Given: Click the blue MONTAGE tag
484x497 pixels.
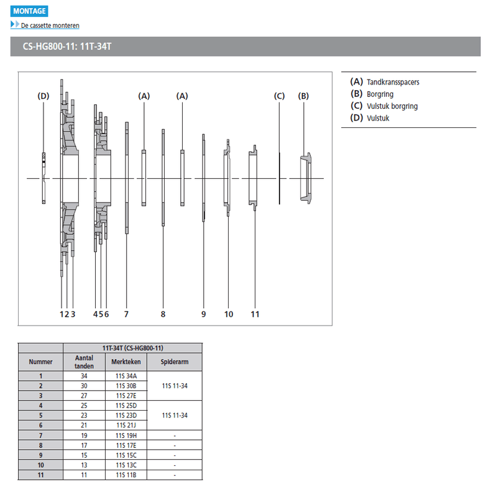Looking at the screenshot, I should pyautogui.click(x=29, y=11).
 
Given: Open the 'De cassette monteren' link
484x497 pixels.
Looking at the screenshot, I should pyautogui.click(x=50, y=25).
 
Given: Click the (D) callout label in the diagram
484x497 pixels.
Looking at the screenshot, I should pyautogui.click(x=43, y=96).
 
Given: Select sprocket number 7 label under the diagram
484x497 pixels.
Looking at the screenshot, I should pyautogui.click(x=126, y=314).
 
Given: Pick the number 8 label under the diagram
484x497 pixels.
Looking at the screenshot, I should pyautogui.click(x=163, y=314).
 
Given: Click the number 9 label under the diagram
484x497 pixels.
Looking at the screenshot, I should pyautogui.click(x=203, y=314).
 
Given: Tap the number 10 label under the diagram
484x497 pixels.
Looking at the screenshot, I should pyautogui.click(x=229, y=314).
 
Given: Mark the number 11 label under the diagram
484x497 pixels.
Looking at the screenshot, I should pyautogui.click(x=255, y=314).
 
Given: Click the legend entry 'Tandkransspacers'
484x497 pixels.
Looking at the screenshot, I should pyautogui.click(x=392, y=82).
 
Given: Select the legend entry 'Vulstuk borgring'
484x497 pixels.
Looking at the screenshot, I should pyautogui.click(x=392, y=106).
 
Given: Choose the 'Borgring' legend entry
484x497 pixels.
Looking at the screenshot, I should pyautogui.click(x=380, y=94).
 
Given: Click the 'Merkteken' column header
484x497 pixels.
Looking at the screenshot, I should pyautogui.click(x=126, y=362).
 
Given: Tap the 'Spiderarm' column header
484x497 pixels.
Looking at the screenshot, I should pyautogui.click(x=175, y=362).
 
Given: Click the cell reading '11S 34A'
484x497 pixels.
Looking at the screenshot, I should pyautogui.click(x=126, y=375).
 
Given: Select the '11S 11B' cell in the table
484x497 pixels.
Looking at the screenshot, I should pyautogui.click(x=126, y=475).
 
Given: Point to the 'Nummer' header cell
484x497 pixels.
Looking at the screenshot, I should pyautogui.click(x=40, y=362).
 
